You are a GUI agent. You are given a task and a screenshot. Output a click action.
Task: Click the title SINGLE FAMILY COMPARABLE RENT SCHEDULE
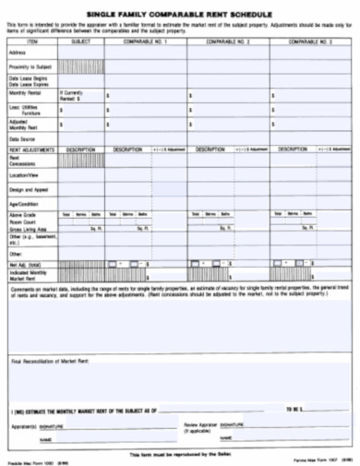tap(179, 15)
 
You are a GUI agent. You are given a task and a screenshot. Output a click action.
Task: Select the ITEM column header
tap(32, 42)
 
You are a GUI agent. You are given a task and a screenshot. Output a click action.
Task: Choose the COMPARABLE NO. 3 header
tap(312, 42)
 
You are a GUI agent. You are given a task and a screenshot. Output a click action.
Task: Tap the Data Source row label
tap(22, 137)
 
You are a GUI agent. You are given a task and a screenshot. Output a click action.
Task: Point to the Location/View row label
tap(25, 174)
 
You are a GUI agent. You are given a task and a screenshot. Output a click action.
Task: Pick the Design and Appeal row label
tap(29, 188)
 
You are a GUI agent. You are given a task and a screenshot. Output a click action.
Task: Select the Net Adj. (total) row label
tap(27, 264)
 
